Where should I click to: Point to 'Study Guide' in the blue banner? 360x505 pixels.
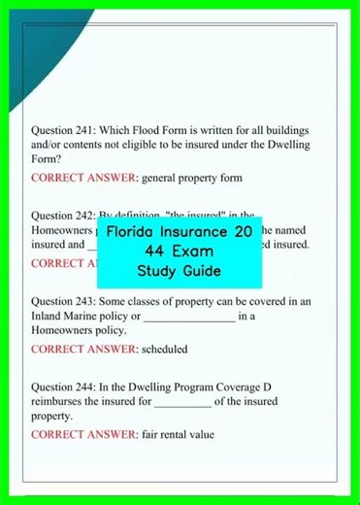[x=180, y=270]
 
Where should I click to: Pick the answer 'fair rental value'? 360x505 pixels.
[x=178, y=434]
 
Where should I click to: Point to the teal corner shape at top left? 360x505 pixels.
[x=39, y=24]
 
